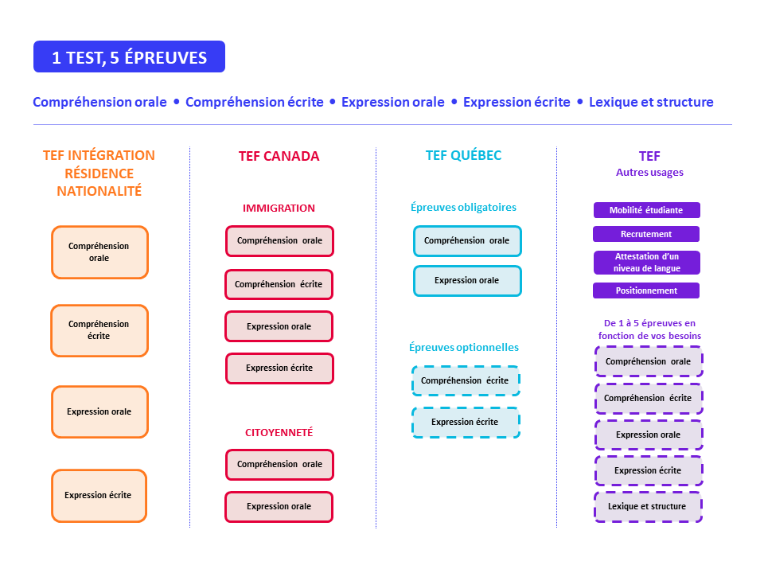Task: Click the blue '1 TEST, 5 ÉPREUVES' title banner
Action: point(129,57)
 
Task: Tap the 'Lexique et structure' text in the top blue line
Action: point(651,102)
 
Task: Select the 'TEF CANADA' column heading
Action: point(279,156)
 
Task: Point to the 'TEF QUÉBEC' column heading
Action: point(463,155)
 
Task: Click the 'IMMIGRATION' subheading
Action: point(279,208)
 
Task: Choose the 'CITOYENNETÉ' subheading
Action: point(279,432)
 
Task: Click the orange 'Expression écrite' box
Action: point(99,495)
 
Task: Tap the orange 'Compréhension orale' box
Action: point(99,252)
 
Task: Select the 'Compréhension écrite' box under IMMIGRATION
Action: point(279,284)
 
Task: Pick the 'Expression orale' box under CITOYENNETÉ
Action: point(279,506)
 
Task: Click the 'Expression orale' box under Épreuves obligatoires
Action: point(467,281)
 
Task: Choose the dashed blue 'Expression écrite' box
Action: point(466,423)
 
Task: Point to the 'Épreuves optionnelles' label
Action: point(463,347)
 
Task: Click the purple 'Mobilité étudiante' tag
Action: point(647,210)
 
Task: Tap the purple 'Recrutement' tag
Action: point(646,234)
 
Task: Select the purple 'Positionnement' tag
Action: point(646,290)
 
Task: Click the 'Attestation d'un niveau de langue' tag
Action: point(646,263)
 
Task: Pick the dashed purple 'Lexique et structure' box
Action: point(648,507)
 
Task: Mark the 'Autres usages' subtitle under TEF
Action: point(649,172)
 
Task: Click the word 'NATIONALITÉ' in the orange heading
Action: point(99,191)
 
